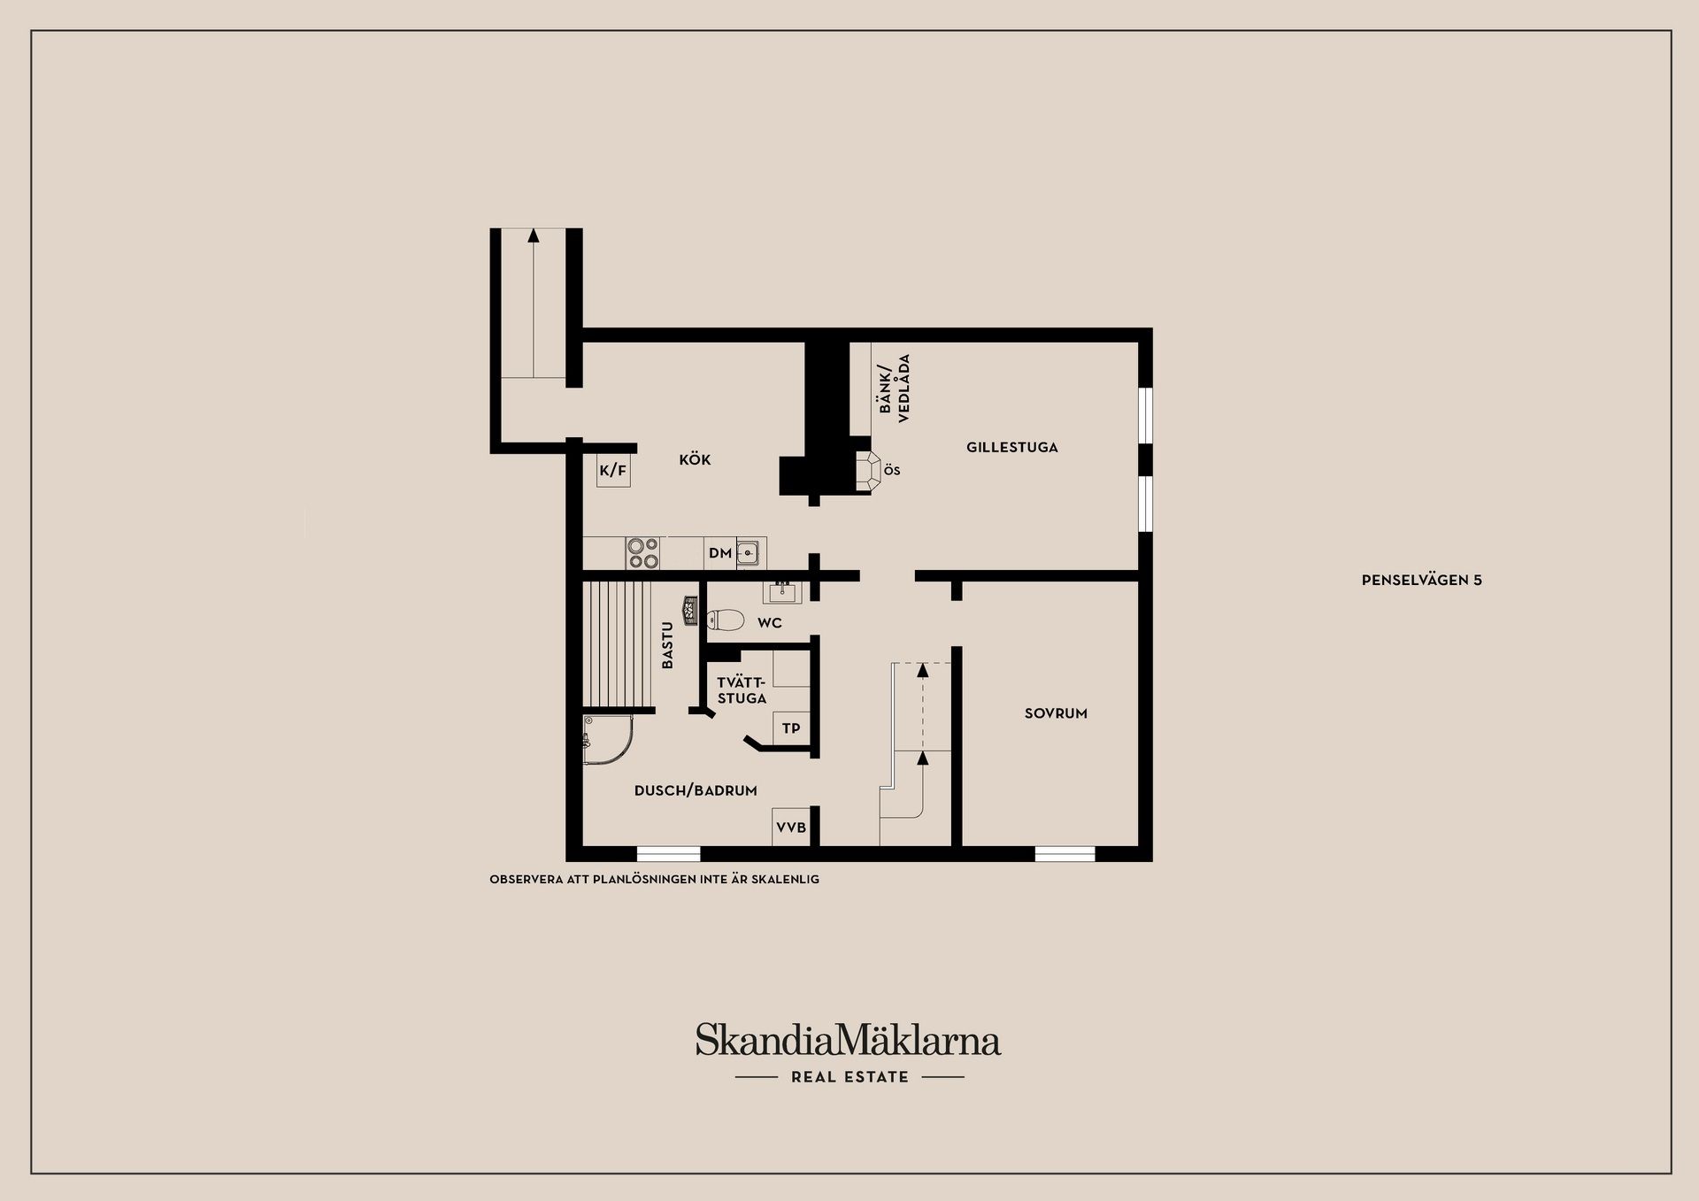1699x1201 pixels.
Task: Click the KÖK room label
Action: point(695,460)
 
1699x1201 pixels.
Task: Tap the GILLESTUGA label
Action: point(1011,448)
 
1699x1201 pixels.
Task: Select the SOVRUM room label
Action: point(1056,713)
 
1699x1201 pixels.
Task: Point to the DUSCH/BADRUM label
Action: point(696,791)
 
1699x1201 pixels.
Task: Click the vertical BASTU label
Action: point(668,645)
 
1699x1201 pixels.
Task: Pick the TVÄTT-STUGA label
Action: point(742,690)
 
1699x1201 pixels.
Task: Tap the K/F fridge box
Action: point(612,471)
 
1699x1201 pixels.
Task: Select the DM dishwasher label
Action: point(719,554)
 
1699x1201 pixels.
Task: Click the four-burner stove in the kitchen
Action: point(642,553)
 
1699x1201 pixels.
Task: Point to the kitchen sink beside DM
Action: point(749,553)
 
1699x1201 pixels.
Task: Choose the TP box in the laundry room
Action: point(791,729)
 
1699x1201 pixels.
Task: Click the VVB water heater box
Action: point(791,828)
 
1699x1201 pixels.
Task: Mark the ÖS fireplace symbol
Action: point(869,470)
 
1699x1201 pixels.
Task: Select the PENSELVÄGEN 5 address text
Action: point(1421,581)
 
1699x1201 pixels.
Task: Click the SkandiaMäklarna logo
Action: point(848,1041)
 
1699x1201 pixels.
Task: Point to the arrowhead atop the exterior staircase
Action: point(533,235)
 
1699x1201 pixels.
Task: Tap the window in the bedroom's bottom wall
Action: point(1065,854)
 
